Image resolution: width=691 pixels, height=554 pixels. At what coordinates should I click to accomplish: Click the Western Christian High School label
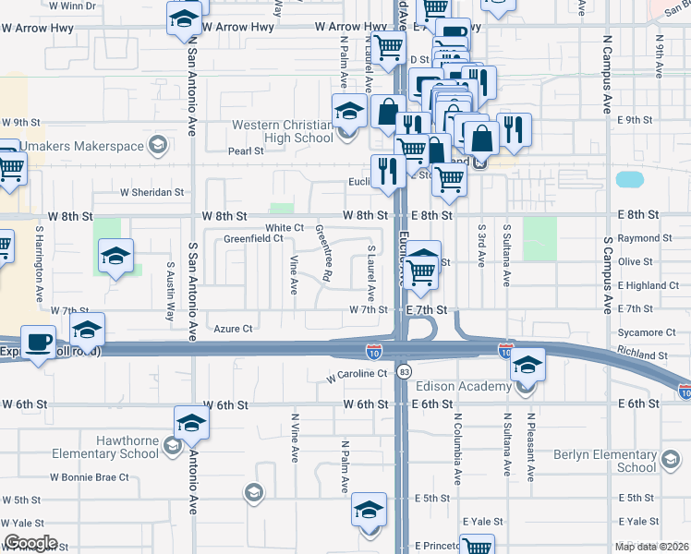[282, 131]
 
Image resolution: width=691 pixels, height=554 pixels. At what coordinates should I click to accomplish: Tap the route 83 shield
[404, 371]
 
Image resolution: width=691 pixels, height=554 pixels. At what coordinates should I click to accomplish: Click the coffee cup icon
[38, 343]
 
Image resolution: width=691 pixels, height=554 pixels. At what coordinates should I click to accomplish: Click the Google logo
[30, 543]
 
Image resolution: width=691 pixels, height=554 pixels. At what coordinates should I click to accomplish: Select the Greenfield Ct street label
[253, 239]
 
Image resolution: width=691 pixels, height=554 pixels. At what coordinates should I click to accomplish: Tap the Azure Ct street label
[233, 328]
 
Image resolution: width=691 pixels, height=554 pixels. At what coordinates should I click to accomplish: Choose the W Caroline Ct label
[357, 374]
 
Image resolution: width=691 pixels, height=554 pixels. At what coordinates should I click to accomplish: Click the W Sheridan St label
[152, 193]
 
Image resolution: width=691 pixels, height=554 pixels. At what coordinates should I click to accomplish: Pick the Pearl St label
[247, 151]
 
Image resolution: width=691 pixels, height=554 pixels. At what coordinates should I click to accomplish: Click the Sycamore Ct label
[647, 332]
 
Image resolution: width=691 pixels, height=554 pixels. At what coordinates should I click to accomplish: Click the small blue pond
[629, 179]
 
